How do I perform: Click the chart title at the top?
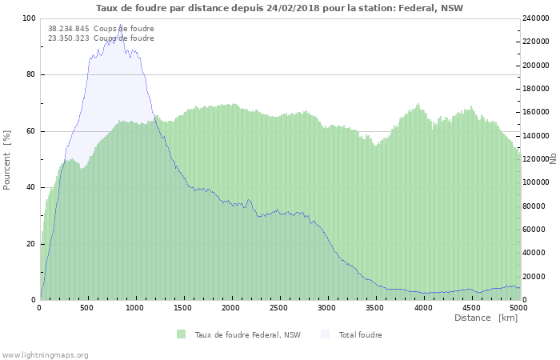pyautogui.click(x=279, y=8)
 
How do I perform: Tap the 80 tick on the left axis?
pyautogui.click(x=30, y=75)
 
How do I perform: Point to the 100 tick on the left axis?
pyautogui.click(x=29, y=18)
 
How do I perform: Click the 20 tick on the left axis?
pyautogui.click(x=30, y=244)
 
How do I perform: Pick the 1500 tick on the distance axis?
pyautogui.click(x=183, y=307)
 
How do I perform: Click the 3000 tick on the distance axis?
pyautogui.click(x=327, y=307)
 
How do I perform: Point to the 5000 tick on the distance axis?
pyautogui.click(x=518, y=307)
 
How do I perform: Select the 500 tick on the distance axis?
pyautogui.click(x=87, y=307)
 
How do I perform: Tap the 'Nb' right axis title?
pyautogui.click(x=553, y=159)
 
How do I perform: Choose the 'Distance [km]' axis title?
pyautogui.click(x=486, y=318)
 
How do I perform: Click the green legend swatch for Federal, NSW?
pyautogui.click(x=182, y=334)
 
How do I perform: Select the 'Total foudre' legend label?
pyautogui.click(x=360, y=334)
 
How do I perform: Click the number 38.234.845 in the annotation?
pyautogui.click(x=68, y=29)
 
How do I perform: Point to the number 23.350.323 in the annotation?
pyautogui.click(x=68, y=38)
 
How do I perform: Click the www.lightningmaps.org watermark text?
pyautogui.click(x=46, y=354)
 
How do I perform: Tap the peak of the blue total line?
pyautogui.click(x=121, y=25)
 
